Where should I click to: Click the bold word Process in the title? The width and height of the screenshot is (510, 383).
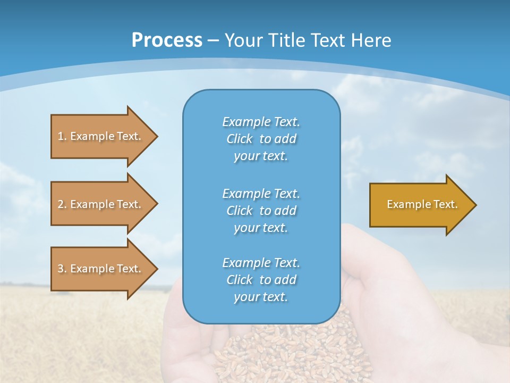coord(167,40)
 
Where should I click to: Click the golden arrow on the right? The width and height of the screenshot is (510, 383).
coord(420,204)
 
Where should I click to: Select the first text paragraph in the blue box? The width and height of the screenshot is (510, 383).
coord(261,139)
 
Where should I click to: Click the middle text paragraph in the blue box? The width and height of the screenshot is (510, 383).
coord(261,211)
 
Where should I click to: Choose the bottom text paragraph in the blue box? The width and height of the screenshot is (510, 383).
coord(261,280)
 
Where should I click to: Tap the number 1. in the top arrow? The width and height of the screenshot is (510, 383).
coord(62,136)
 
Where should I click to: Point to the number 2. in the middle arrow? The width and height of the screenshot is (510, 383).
coord(62,204)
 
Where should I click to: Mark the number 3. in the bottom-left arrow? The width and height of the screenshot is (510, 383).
coord(62,269)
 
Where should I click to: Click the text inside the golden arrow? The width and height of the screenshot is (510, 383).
coord(422,204)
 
